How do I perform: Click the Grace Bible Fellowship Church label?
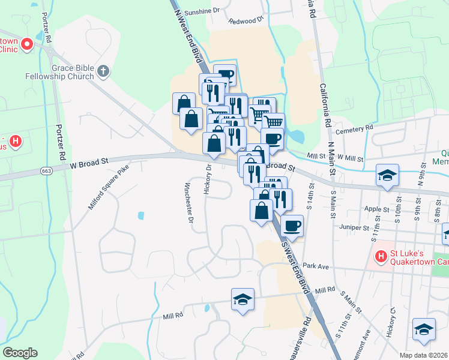point(59,72)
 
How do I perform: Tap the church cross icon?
point(103,71)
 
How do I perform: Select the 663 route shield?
point(46,171)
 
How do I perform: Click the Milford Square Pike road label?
point(109,188)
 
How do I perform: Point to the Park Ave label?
point(317,265)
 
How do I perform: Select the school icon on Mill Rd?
point(243,299)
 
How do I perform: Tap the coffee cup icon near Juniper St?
point(292,226)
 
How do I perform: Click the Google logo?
point(20,352)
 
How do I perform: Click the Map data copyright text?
point(424,355)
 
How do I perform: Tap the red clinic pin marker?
point(27,44)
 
